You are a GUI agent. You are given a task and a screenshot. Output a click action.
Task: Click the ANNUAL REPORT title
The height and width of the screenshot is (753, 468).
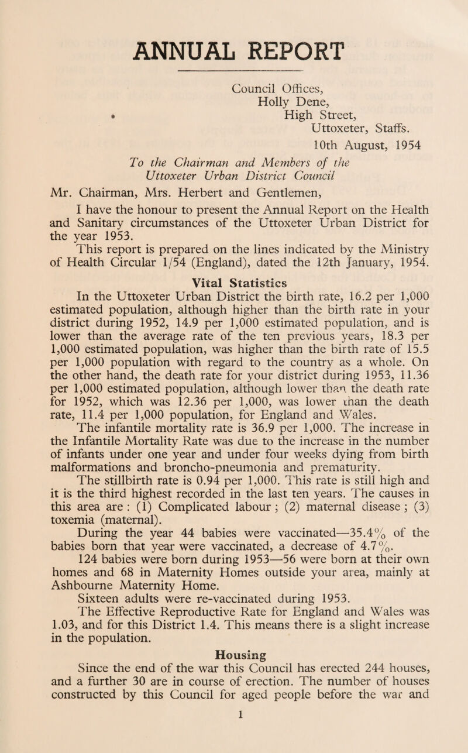[x=234, y=37]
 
